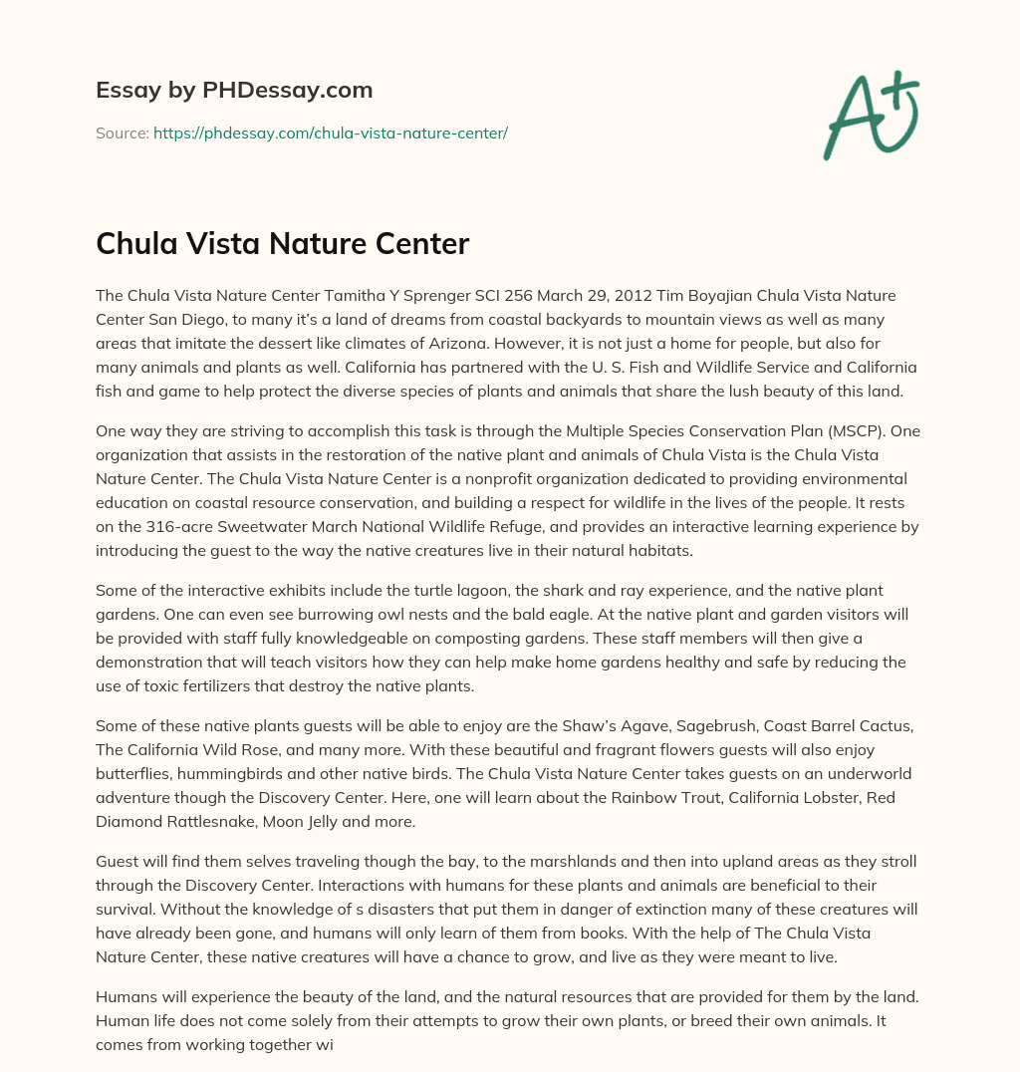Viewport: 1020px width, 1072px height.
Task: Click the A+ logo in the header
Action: [871, 116]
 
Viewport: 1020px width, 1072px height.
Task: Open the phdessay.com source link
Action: [330, 133]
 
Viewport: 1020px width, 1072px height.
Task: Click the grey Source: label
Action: [122, 133]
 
